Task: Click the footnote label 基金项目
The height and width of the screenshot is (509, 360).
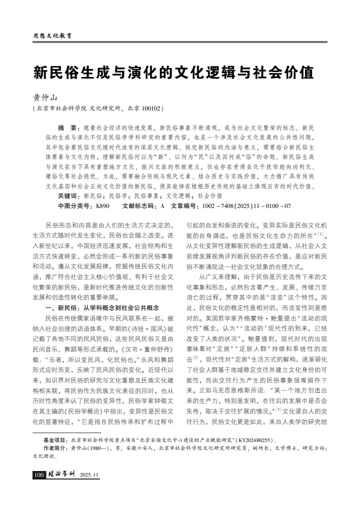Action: tap(56, 440)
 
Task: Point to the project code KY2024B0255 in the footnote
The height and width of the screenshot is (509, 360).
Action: tap(256, 440)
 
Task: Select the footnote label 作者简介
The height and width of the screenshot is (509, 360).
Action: tap(56, 448)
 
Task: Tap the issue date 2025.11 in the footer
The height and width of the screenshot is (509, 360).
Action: tap(89, 474)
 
